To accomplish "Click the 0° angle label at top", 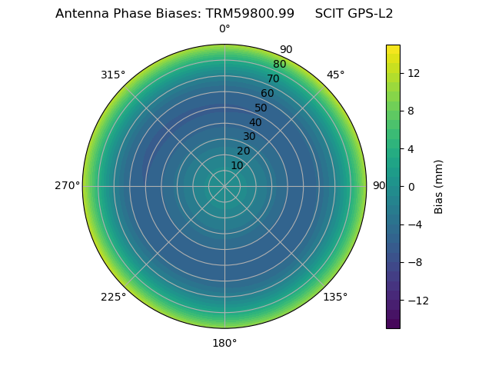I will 224,29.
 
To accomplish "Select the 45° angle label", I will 335,75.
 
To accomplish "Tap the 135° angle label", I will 335,297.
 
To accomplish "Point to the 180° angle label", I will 224,343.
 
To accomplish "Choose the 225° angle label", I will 113,297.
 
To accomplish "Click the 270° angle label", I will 67,186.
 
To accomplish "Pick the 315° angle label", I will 113,75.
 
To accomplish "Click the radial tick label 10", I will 237,165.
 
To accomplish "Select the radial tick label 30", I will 249,137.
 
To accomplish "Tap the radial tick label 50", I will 261,108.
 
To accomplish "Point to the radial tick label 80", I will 279,65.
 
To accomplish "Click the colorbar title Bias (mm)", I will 439,187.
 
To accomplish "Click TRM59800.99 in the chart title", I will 250,14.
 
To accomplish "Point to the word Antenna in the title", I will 79,14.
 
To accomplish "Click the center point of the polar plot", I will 224,186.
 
